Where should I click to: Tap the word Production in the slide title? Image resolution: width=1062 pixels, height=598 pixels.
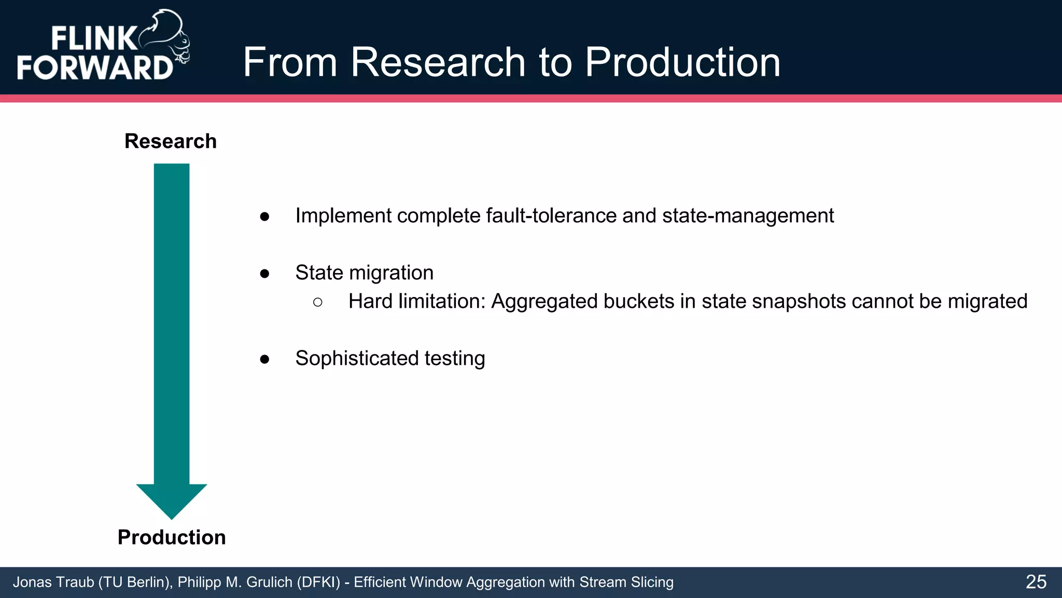click(x=682, y=62)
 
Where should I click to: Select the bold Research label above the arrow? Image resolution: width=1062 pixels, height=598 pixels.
click(x=171, y=141)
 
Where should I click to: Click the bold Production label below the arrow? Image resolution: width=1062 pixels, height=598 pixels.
click(x=172, y=537)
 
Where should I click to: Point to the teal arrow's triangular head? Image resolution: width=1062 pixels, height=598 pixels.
click(x=172, y=499)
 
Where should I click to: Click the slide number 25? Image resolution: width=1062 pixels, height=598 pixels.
click(x=1036, y=582)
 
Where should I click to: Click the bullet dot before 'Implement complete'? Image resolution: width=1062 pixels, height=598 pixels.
click(x=264, y=216)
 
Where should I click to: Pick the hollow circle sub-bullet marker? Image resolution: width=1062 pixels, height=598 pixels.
click(x=318, y=302)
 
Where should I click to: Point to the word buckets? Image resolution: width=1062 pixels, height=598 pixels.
click(x=638, y=302)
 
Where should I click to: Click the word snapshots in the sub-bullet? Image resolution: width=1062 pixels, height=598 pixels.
click(x=799, y=302)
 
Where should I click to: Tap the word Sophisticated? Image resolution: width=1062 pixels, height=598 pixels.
click(x=357, y=359)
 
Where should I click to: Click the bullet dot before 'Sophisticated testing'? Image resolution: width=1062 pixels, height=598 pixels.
click(x=264, y=359)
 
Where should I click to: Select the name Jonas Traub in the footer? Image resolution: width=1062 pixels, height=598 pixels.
click(x=53, y=582)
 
